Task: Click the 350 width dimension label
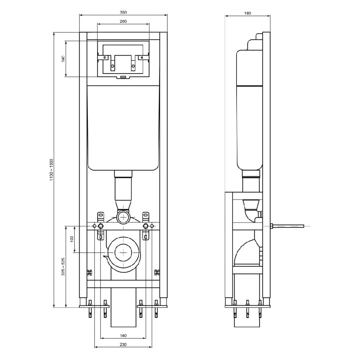[x=123, y=12]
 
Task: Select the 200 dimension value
[x=123, y=22]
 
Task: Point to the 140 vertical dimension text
[x=63, y=59]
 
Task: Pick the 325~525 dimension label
[x=63, y=267]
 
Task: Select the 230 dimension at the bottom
[x=123, y=345]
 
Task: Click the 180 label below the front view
[x=123, y=336]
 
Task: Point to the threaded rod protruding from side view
[x=288, y=226]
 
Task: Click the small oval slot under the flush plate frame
[x=123, y=76]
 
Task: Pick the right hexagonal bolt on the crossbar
[x=146, y=226]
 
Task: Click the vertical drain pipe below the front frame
[x=123, y=308]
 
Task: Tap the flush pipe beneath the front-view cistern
[x=123, y=189]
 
